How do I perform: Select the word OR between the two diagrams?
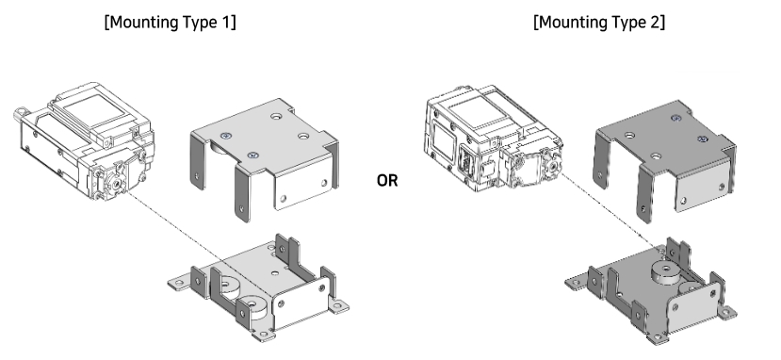coord(387,180)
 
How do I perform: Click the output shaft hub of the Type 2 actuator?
coord(553,164)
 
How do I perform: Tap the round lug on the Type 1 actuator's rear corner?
coord(20,113)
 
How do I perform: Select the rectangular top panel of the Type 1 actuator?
coord(94,108)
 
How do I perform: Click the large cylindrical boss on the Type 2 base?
coord(667,271)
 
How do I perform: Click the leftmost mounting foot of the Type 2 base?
coord(577,283)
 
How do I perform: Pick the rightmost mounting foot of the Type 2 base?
coord(726,313)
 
